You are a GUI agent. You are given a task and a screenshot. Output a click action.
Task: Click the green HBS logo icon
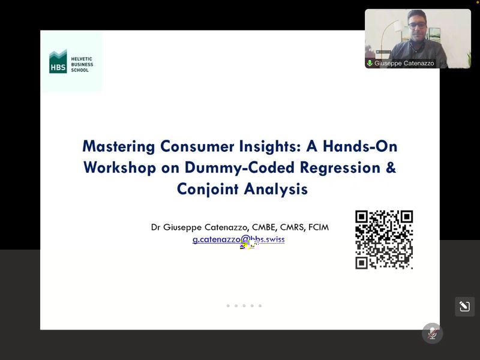[x=58, y=61]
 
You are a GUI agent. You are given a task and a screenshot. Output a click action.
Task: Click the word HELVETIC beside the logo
[x=82, y=59]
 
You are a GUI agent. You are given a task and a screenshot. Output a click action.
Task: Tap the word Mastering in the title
[x=119, y=146]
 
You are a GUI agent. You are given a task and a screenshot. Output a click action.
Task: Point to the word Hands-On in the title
[x=360, y=146]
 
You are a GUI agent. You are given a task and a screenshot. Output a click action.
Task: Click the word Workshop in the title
[x=119, y=168]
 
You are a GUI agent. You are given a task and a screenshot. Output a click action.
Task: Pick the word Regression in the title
[x=340, y=168]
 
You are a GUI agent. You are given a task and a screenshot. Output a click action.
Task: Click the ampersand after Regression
[x=391, y=167]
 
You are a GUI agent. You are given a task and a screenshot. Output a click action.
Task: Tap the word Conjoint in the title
[x=208, y=188]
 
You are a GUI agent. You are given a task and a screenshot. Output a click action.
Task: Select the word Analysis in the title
[x=276, y=188]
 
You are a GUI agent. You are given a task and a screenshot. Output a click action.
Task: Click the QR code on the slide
[x=384, y=239]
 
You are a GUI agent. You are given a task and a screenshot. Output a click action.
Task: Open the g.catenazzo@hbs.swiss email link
[x=238, y=239]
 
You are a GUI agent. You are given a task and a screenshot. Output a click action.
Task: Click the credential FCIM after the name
[x=319, y=227]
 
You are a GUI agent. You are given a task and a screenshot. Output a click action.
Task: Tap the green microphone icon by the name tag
[x=370, y=63]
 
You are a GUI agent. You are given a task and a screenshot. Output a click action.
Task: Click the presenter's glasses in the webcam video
[x=416, y=25]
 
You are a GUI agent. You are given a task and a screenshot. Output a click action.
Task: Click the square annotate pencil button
[x=464, y=307]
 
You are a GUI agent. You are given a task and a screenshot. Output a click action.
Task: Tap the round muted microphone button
[x=432, y=334]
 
